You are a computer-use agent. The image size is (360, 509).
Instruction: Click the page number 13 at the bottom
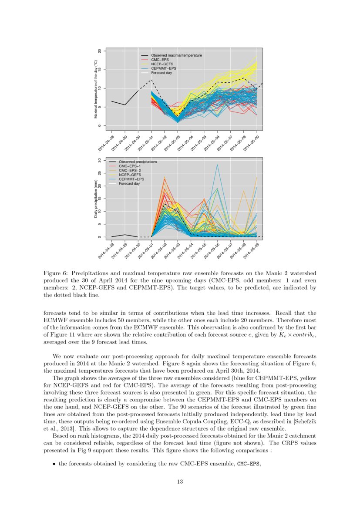(180, 481)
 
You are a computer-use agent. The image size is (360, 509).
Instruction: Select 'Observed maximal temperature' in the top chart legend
(176, 55)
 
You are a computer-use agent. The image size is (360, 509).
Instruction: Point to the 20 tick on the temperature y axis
(99, 51)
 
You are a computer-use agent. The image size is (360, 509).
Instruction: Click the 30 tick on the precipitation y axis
(99, 160)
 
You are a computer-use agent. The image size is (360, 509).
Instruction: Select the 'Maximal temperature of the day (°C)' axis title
(95, 89)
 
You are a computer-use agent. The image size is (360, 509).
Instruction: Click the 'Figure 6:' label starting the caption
(56, 273)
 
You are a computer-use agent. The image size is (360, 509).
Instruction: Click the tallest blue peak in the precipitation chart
(217, 165)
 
